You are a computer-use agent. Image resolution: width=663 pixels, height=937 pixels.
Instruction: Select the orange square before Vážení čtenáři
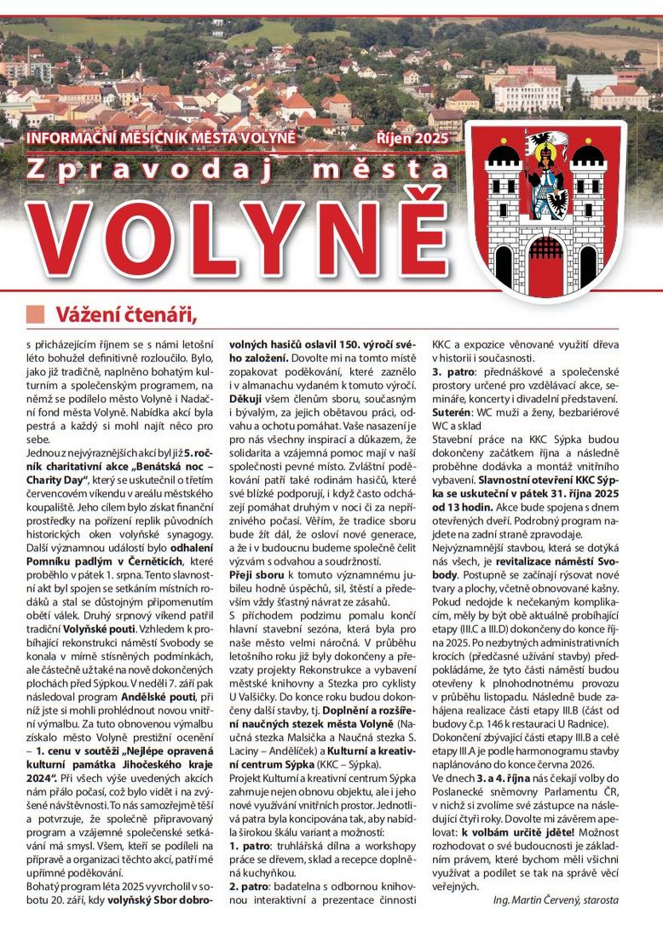35,314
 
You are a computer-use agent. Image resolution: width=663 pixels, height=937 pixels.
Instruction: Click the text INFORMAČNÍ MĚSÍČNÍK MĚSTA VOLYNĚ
161,137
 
